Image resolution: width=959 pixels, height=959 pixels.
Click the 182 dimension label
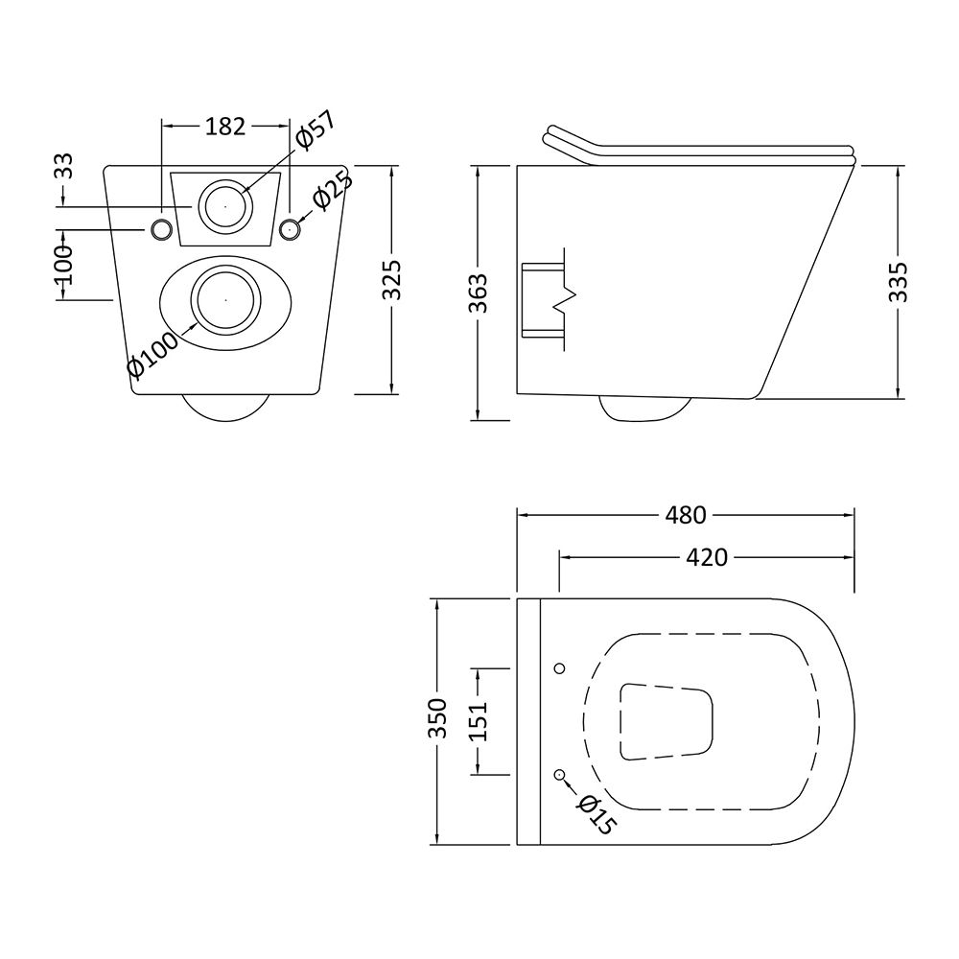tap(225, 126)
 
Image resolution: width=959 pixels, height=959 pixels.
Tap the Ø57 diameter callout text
tap(316, 130)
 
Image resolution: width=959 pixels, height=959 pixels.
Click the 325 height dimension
tap(392, 279)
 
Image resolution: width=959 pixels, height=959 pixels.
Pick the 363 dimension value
tap(479, 293)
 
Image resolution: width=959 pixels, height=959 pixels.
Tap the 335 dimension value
tap(898, 282)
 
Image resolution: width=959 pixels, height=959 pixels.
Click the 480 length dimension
tap(686, 515)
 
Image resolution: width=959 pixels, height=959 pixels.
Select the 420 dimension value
tap(707, 557)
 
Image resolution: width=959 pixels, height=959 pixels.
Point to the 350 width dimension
tap(438, 718)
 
